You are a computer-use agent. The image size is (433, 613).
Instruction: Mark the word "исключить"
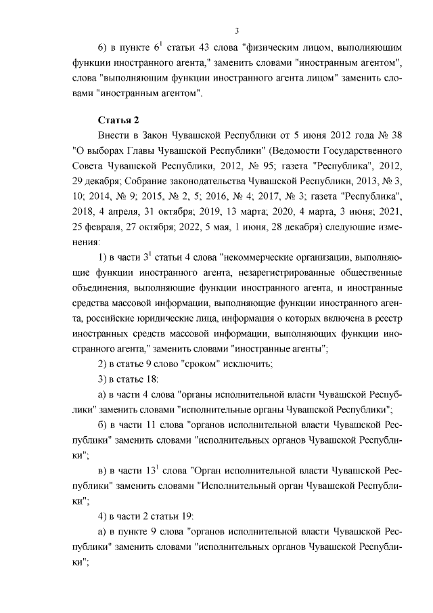tap(249, 365)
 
